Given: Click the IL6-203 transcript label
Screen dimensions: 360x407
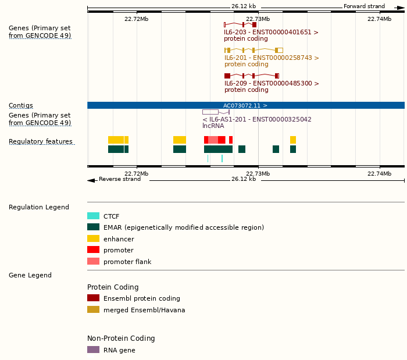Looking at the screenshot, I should (271, 33).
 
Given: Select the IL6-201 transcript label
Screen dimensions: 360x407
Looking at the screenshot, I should (272, 58).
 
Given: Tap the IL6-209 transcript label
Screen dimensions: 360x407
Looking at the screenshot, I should (272, 84).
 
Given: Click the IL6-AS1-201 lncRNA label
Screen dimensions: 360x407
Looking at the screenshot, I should (256, 119).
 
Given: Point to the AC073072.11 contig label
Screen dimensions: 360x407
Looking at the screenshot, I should (245, 106).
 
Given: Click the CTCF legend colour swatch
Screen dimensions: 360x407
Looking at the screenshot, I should (93, 216).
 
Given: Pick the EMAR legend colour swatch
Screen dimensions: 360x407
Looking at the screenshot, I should (93, 227).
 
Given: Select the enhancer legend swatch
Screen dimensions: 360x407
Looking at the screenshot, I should (93, 238).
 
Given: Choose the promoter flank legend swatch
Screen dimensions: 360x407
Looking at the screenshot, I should (93, 261).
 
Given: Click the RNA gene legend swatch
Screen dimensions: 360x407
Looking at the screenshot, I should (93, 350).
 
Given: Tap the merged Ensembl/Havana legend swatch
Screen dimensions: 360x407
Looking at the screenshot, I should (93, 309).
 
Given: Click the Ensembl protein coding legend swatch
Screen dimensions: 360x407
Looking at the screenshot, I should (93, 298).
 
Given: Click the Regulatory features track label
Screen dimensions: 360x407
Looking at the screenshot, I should (41, 142).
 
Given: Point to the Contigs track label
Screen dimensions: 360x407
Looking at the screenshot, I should (21, 106).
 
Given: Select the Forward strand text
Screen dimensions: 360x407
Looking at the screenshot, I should (364, 6).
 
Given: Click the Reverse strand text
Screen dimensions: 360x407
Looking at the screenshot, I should (120, 179).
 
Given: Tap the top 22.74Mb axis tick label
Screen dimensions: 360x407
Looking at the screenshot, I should (379, 19).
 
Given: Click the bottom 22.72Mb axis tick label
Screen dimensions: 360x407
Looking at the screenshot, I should (136, 173).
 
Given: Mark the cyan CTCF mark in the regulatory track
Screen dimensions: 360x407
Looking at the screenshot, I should (222, 158).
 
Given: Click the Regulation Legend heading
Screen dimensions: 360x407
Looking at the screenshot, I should (39, 207).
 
